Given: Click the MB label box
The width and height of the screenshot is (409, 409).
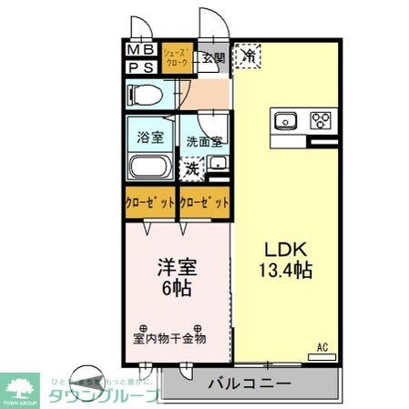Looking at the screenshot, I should click(139, 50).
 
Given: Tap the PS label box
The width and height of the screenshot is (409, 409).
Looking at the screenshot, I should click(139, 66).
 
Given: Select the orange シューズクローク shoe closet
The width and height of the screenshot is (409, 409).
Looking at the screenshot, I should click(177, 58).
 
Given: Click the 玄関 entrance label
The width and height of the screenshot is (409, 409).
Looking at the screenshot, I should click(212, 59).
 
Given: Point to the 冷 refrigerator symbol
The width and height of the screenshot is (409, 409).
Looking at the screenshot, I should click(249, 56).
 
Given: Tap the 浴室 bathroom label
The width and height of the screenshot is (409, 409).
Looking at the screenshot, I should click(150, 139).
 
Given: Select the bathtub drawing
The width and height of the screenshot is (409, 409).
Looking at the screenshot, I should click(150, 168).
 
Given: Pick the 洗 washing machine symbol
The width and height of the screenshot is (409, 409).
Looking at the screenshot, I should click(192, 168).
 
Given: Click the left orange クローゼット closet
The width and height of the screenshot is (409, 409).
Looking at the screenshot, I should click(150, 202).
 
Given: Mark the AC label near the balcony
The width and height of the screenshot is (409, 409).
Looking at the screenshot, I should click(322, 346).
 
